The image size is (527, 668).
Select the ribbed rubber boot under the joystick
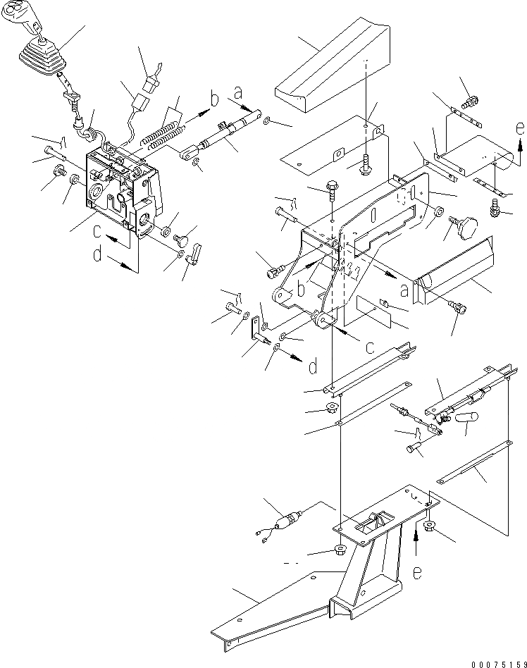pyautogui.click(x=39, y=56)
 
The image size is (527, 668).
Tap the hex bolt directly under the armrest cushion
pyautogui.click(x=368, y=165)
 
